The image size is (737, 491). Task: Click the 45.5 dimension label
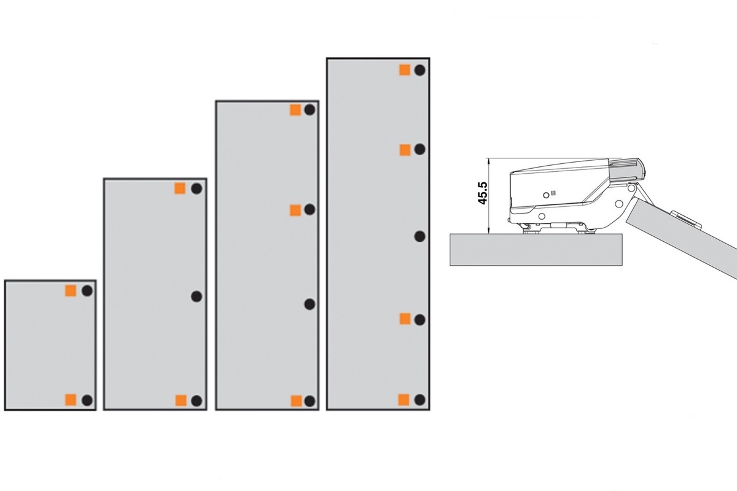click(483, 193)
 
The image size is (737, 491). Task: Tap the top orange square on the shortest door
click(71, 291)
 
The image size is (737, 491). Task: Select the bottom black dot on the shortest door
click(87, 400)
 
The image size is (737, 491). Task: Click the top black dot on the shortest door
click(87, 291)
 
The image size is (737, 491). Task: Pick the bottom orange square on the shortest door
click(71, 400)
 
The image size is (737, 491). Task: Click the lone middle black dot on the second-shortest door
click(197, 296)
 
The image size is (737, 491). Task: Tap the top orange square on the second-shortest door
click(180, 188)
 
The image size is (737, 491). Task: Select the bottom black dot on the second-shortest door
click(197, 401)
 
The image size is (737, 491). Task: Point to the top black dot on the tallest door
click(419, 71)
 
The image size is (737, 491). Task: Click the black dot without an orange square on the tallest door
click(419, 236)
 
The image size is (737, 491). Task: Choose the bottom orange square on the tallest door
click(404, 400)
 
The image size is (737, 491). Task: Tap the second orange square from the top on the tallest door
click(405, 150)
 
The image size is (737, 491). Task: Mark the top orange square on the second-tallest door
click(295, 110)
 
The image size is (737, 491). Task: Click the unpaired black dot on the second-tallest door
click(310, 304)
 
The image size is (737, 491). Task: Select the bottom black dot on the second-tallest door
click(310, 401)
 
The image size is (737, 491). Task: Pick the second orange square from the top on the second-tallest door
click(295, 210)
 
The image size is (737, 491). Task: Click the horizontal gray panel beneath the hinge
click(536, 250)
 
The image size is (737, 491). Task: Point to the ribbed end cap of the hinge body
click(627, 171)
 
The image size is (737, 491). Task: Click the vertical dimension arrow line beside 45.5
click(489, 196)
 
